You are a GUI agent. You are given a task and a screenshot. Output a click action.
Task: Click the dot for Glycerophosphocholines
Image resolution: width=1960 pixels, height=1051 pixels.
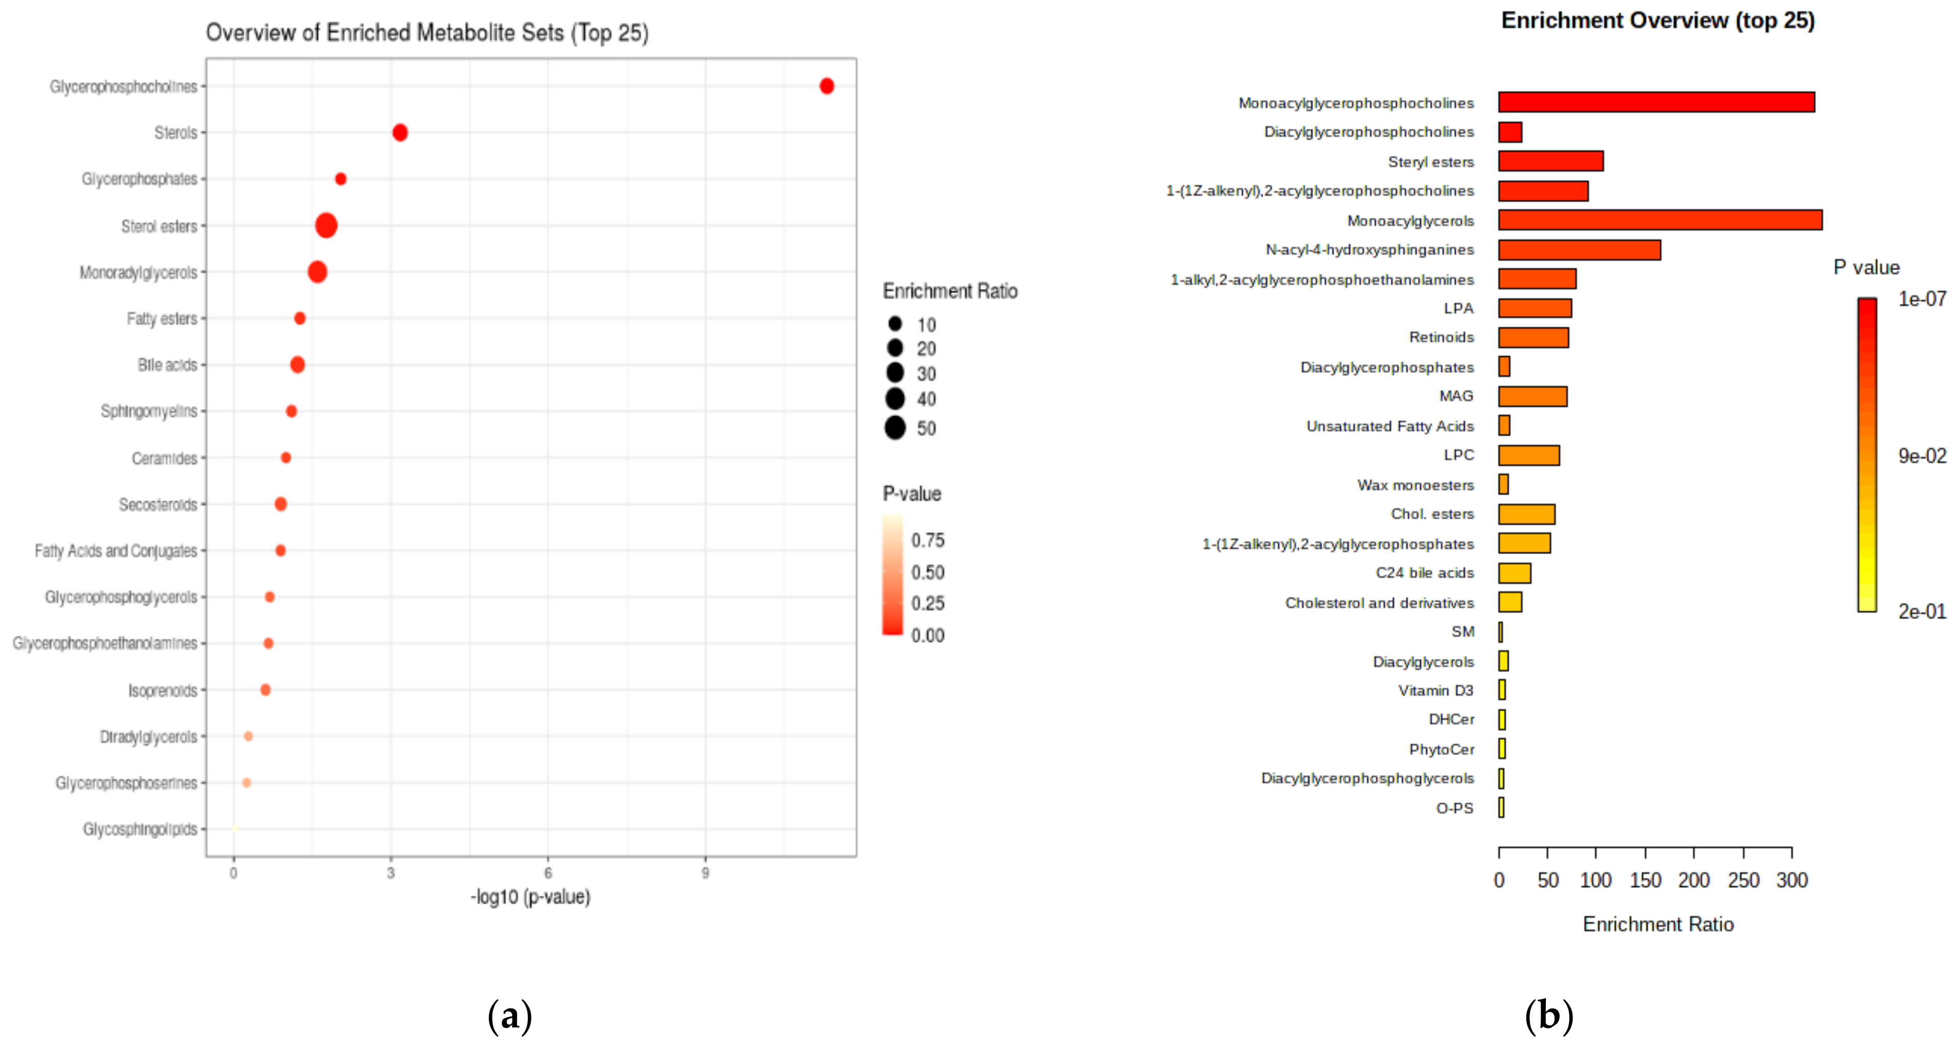826,86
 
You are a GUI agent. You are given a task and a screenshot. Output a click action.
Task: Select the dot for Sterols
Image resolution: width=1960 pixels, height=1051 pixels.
399,132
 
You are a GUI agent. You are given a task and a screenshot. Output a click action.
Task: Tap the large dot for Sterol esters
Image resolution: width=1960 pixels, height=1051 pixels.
325,225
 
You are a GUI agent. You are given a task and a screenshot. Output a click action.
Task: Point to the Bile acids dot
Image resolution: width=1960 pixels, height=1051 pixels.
297,365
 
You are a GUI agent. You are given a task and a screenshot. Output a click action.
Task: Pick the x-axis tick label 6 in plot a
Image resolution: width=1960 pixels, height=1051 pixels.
548,873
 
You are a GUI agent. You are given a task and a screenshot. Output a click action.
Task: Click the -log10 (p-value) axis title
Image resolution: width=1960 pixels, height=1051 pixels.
530,897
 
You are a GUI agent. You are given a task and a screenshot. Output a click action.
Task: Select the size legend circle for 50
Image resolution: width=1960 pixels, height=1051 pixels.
895,428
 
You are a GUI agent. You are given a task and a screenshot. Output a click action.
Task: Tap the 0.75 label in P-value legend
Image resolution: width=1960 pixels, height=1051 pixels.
928,540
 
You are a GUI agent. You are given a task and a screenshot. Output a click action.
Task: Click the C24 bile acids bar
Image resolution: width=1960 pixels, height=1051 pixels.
1514,573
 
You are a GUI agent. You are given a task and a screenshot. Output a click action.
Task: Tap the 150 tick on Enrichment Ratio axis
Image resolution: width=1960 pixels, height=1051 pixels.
1645,880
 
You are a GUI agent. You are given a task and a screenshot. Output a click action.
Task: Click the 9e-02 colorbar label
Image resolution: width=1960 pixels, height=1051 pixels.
1921,456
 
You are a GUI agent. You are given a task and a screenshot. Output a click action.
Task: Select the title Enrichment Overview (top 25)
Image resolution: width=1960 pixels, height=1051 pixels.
1657,21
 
